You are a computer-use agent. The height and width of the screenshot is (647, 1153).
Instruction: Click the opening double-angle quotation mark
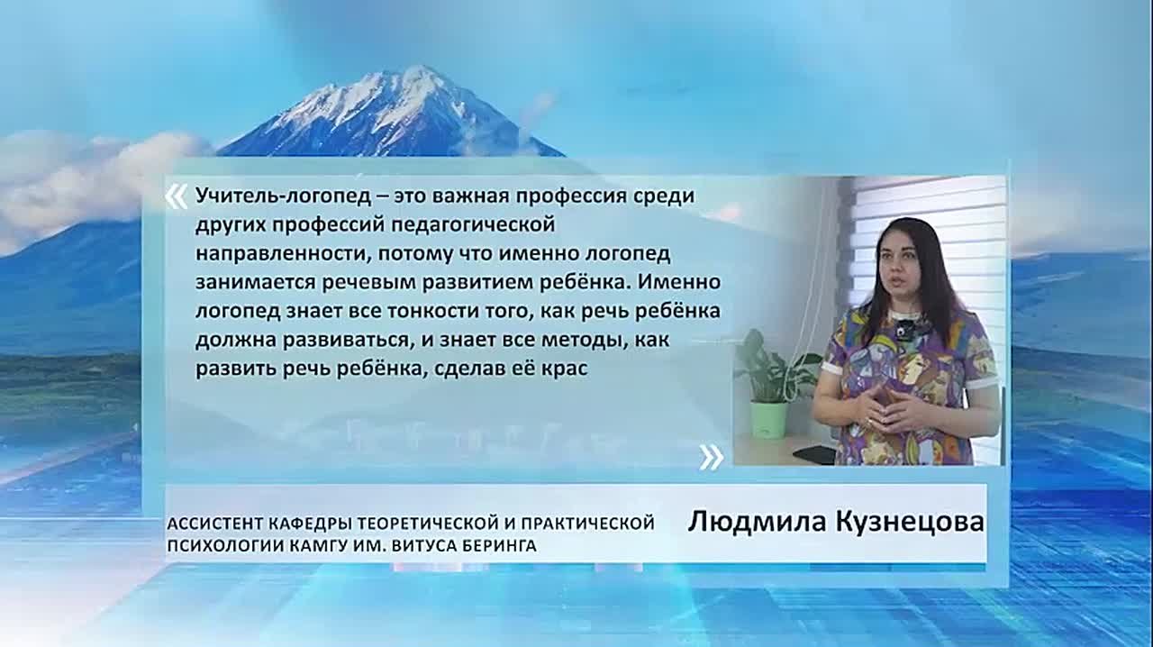(x=177, y=197)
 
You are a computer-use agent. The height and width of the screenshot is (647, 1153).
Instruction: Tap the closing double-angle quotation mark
(x=711, y=457)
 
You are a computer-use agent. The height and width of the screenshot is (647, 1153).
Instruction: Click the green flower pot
(x=768, y=418)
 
